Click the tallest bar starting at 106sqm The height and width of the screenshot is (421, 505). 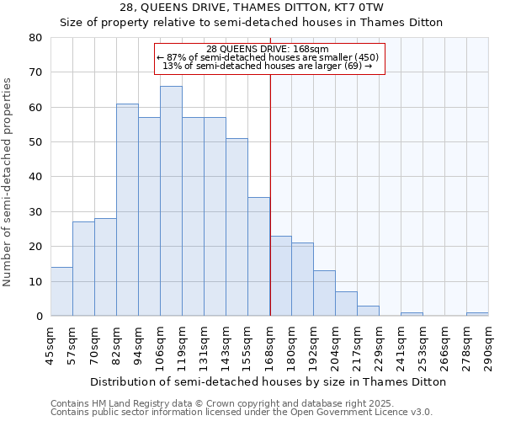click(171, 201)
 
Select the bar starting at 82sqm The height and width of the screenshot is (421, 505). click(127, 210)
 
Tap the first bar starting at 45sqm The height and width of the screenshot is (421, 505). click(61, 291)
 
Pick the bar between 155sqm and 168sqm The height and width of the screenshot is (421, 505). click(258, 257)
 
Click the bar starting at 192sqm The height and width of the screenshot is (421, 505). click(324, 293)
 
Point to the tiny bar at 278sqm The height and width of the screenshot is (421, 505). click(477, 314)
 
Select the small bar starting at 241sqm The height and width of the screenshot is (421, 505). click(412, 314)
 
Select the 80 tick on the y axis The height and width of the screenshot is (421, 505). click(35, 38)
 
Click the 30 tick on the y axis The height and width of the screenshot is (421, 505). click(35, 212)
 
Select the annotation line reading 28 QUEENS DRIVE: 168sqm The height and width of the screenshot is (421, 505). click(268, 49)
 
